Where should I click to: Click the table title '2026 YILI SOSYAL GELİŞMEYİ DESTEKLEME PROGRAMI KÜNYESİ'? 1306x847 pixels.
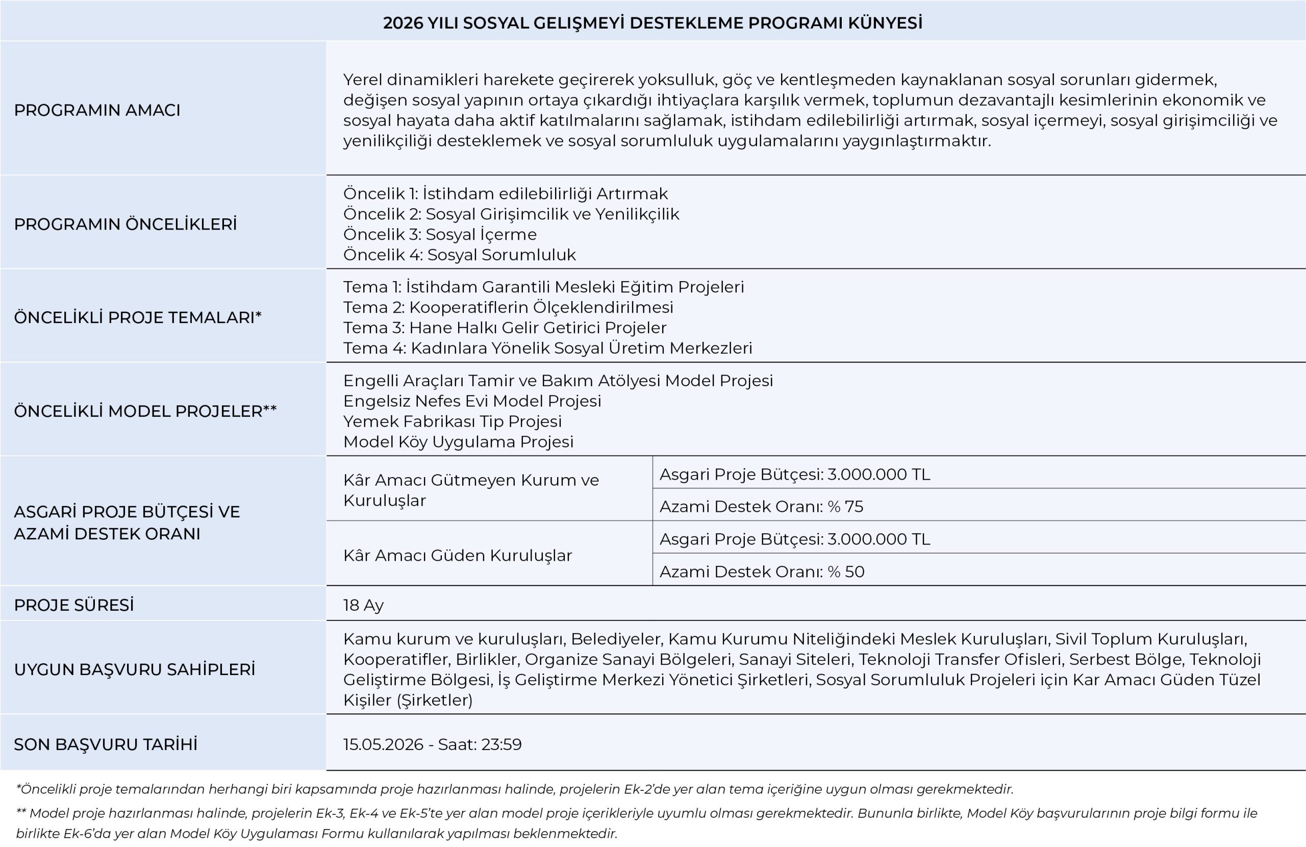(652, 23)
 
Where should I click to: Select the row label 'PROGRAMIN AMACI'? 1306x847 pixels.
(97, 110)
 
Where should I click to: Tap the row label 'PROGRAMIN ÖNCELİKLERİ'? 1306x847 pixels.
(125, 225)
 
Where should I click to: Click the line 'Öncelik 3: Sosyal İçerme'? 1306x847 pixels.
(440, 234)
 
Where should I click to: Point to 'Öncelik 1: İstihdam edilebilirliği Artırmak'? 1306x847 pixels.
(506, 194)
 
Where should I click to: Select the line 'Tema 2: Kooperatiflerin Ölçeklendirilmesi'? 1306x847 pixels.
(508, 307)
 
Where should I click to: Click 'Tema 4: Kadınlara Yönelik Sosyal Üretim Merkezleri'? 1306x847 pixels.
(547, 348)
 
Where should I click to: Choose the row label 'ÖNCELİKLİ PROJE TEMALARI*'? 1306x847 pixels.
(138, 318)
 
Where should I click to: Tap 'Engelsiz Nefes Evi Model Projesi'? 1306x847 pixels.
(472, 401)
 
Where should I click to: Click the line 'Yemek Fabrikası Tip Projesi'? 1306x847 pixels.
(452, 421)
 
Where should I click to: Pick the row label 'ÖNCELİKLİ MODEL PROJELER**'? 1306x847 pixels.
(145, 411)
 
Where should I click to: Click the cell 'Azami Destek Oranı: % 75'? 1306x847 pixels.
(761, 506)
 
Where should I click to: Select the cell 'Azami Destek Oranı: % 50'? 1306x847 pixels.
(762, 571)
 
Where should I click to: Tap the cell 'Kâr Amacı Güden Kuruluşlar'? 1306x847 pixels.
(457, 556)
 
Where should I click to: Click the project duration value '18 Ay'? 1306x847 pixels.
(363, 605)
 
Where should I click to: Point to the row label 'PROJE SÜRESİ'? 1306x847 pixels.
(73, 605)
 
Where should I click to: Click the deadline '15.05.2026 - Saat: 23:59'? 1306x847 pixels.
(433, 744)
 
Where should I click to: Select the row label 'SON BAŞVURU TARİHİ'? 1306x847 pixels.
(106, 744)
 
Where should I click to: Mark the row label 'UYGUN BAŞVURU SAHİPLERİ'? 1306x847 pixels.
(135, 670)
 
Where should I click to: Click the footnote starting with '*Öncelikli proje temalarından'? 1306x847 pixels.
(515, 789)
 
